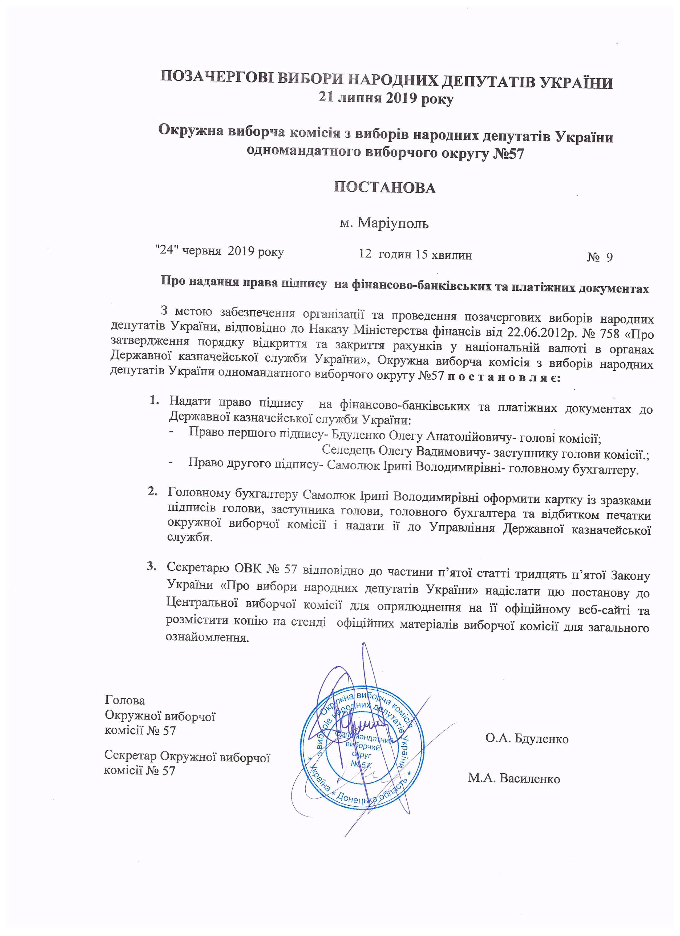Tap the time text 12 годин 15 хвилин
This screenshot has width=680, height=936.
click(x=415, y=255)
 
